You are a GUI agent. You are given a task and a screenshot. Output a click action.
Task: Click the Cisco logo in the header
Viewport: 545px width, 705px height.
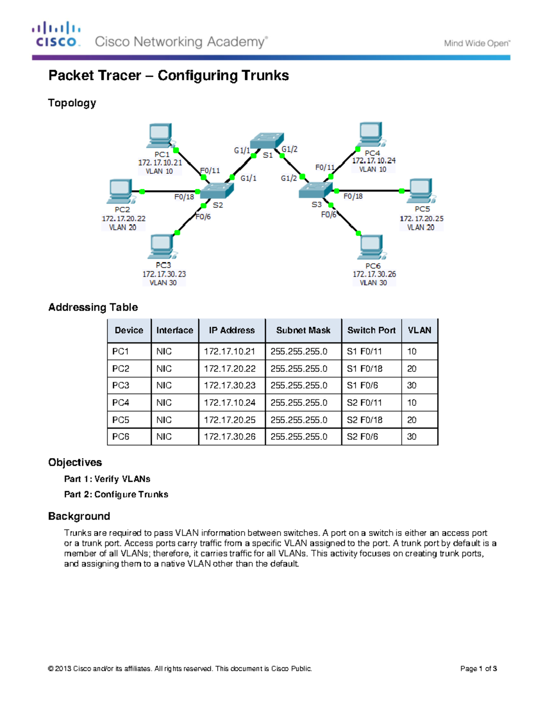coord(56,35)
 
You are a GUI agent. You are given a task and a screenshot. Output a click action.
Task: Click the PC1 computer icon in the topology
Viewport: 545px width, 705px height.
coord(159,135)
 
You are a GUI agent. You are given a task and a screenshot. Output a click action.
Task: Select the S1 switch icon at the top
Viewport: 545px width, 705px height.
coord(267,140)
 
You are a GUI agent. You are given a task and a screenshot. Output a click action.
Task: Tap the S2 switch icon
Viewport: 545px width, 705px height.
coord(217,191)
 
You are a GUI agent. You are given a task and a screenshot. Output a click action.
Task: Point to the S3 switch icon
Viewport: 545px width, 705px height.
coord(315,190)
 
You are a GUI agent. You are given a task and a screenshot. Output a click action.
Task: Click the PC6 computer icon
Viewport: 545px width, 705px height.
coord(371,247)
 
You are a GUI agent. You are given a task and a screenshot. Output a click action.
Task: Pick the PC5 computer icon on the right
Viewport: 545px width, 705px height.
coord(421,191)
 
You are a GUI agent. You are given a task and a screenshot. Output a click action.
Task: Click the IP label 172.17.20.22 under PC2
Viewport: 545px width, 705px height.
coord(124,218)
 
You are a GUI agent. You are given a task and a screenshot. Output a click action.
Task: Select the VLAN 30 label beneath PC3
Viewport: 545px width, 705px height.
coord(163,283)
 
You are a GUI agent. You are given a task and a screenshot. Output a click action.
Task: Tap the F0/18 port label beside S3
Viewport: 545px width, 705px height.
coord(353,197)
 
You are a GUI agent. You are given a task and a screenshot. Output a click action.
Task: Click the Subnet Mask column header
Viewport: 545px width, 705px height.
coord(303,330)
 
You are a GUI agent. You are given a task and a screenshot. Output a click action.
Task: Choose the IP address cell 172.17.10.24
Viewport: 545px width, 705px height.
coord(230,403)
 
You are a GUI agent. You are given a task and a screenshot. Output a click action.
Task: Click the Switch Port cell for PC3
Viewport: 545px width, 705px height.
coord(362,385)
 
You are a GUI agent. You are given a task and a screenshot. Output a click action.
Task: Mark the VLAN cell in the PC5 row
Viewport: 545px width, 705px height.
coord(412,420)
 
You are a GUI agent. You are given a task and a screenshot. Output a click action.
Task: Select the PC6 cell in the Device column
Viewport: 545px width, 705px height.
coord(121,437)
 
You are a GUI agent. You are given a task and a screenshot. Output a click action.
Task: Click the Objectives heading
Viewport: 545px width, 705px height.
coord(75,463)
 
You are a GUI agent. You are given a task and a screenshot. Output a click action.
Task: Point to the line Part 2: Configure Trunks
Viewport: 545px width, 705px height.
coord(116,494)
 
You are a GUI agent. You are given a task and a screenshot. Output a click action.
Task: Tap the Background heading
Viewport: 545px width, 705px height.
coord(79,516)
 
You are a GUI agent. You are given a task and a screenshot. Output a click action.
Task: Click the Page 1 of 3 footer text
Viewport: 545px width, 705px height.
coord(478,669)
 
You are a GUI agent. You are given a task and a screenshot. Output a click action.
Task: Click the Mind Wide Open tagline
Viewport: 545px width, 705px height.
coord(477,44)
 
